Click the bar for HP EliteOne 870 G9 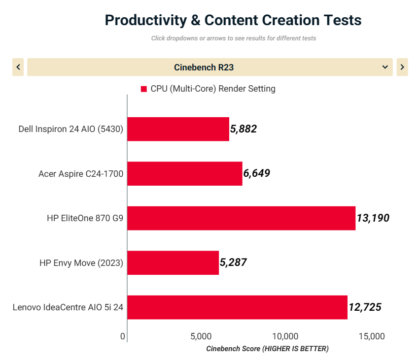(x=241, y=218)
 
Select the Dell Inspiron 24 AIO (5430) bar (x=178, y=129)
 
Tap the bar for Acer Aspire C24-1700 (x=184, y=173)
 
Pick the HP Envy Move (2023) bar (x=173, y=262)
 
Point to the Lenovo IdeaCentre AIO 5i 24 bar (x=237, y=307)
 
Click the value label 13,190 (x=373, y=218)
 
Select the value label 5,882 (x=244, y=129)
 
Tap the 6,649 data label (x=256, y=173)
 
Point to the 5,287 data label (x=233, y=262)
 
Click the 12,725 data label (x=365, y=307)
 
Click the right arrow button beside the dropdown (x=402, y=67)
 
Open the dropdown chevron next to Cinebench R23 (x=385, y=67)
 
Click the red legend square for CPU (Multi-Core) (x=144, y=89)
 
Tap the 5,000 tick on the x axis (x=201, y=336)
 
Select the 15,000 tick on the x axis (x=371, y=336)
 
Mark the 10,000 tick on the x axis (x=285, y=336)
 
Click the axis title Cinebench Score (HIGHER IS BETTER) (x=267, y=349)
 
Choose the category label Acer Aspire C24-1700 (x=81, y=173)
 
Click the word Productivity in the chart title (x=146, y=20)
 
